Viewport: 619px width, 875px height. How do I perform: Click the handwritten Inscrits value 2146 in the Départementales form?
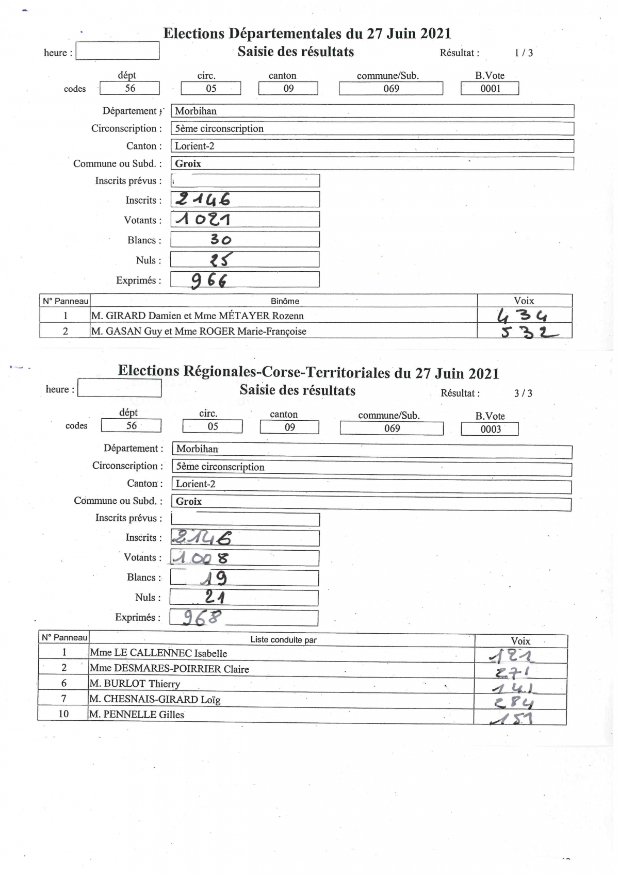click(x=203, y=200)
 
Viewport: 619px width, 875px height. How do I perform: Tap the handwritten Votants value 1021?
click(x=203, y=220)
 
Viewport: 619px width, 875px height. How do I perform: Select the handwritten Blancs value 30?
click(x=221, y=240)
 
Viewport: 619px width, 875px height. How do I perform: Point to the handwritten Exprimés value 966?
click(x=209, y=280)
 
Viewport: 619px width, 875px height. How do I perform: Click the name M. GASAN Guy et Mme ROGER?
click(x=199, y=332)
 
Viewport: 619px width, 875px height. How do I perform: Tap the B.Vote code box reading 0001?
click(x=490, y=89)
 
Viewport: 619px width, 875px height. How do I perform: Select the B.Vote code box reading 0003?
click(x=490, y=429)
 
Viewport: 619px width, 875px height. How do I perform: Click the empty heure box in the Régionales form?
click(x=119, y=388)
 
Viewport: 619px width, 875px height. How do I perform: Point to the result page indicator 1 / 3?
click(x=524, y=53)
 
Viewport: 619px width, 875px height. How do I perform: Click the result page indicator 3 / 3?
click(x=523, y=393)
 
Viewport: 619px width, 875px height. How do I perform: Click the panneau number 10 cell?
click(x=63, y=714)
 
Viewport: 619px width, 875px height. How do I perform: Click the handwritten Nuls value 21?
click(x=215, y=597)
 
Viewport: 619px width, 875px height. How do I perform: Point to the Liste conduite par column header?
click(x=283, y=640)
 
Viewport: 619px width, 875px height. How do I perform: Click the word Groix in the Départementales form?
click(x=188, y=164)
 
